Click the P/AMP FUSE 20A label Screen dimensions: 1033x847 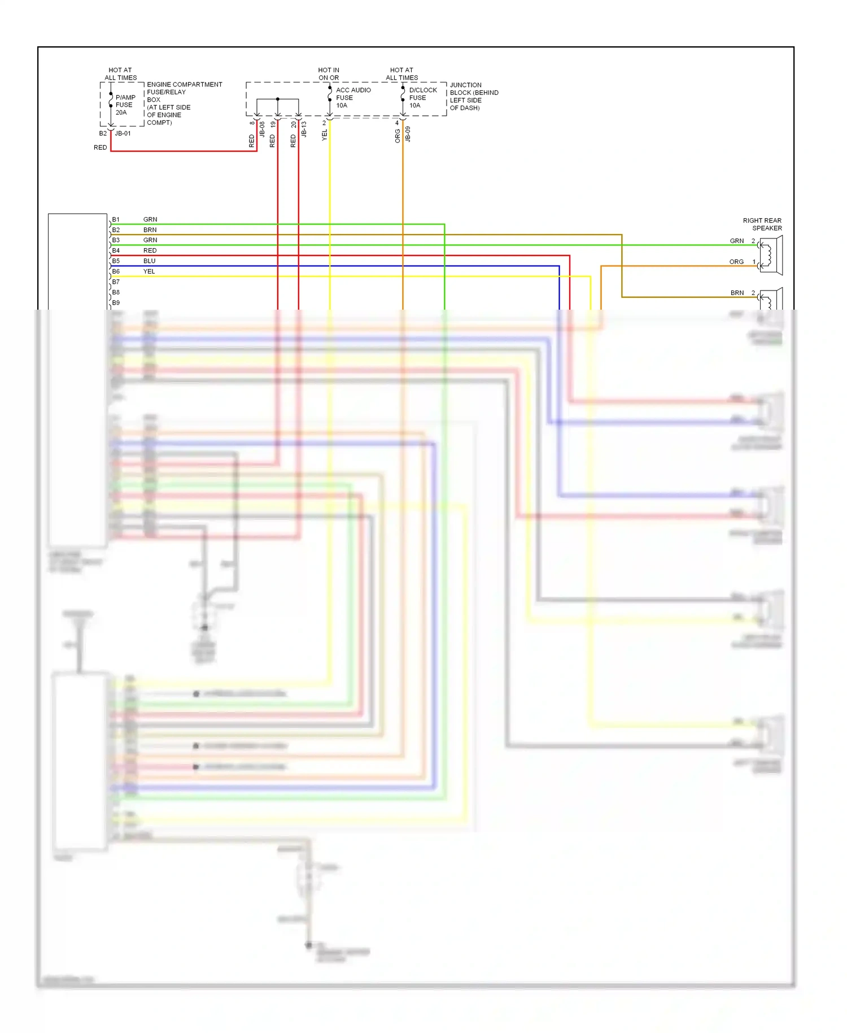[125, 105]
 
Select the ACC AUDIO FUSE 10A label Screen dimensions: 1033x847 [352, 98]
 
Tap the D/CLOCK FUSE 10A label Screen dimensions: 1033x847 [422, 98]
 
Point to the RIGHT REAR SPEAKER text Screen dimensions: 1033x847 [763, 224]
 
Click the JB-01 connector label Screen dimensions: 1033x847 [123, 134]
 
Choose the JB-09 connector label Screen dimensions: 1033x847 [408, 134]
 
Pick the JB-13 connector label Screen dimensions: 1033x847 [304, 129]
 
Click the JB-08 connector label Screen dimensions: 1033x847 [262, 129]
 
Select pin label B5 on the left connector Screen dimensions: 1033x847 [116, 261]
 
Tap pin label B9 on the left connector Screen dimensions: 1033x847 [116, 303]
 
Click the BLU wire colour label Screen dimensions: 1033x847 [149, 261]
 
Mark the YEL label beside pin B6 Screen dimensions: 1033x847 [149, 272]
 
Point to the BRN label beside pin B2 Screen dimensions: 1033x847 [150, 230]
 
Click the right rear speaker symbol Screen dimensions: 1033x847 [771, 255]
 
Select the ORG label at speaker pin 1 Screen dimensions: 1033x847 [736, 262]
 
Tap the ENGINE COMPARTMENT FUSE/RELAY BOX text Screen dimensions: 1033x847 [184, 103]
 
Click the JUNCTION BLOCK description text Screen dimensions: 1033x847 [473, 97]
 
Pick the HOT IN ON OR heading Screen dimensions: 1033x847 [329, 74]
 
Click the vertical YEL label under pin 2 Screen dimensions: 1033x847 [325, 135]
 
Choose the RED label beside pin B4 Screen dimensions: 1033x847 [150, 251]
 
